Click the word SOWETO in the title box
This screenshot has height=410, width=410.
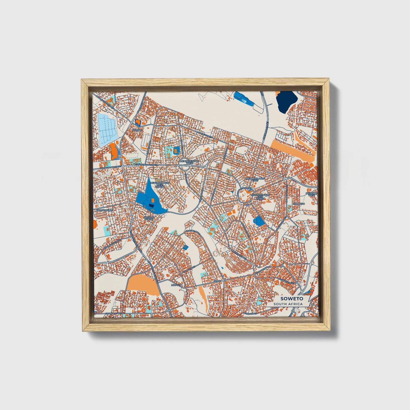tap(292, 298)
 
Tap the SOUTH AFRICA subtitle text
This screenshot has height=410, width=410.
tap(288, 304)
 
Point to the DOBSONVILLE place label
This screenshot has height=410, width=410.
tap(105, 210)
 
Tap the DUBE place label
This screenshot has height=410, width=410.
tap(217, 281)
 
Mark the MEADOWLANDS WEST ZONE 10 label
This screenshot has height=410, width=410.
tap(160, 185)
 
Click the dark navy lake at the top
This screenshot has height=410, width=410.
tap(286, 102)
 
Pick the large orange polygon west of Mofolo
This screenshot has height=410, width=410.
tap(141, 285)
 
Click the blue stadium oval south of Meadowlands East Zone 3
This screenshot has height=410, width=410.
tap(259, 220)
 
